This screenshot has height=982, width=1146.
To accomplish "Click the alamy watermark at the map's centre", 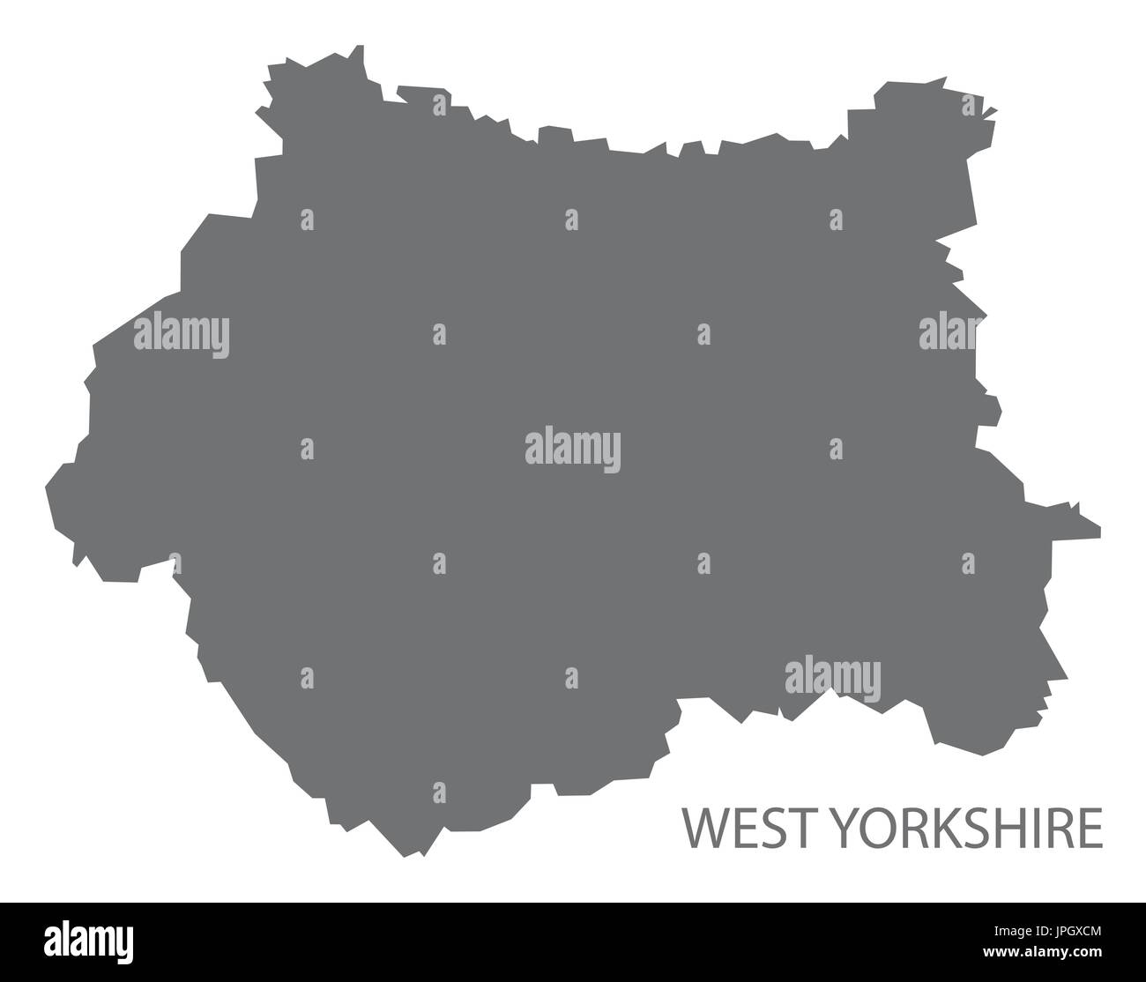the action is [x=573, y=449].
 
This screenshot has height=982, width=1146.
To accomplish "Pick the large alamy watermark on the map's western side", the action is [x=182, y=334].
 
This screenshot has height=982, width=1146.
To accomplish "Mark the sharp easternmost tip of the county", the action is [x=1099, y=531].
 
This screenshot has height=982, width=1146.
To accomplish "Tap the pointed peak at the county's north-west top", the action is [x=360, y=46].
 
